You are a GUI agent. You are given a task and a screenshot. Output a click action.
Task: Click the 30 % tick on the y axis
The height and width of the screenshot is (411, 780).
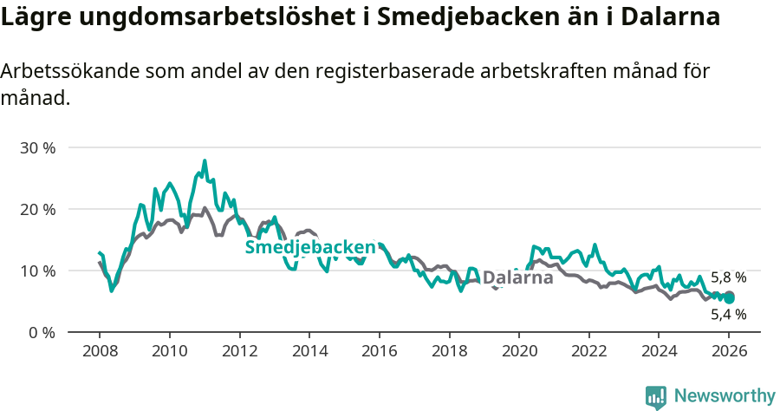click(37, 147)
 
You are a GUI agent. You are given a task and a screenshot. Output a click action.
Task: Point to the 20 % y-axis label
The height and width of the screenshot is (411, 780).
click(37, 209)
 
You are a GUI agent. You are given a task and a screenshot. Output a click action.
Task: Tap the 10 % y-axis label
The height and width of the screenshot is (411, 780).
click(37, 271)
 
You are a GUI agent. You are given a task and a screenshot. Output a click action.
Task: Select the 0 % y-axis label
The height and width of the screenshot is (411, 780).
click(41, 332)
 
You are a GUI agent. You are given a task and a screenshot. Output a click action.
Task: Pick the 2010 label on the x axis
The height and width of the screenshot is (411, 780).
click(169, 352)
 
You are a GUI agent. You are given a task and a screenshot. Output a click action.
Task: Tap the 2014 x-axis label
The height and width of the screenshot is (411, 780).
click(309, 352)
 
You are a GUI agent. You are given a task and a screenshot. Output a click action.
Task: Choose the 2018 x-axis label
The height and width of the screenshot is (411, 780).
click(449, 352)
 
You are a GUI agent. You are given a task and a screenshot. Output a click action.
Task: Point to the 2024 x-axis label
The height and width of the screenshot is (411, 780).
click(659, 352)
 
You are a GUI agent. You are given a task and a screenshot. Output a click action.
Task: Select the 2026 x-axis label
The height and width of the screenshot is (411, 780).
click(729, 352)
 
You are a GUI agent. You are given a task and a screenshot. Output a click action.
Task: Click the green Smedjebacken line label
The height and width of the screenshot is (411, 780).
click(310, 248)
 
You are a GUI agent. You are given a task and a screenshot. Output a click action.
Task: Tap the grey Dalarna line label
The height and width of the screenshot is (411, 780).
click(517, 278)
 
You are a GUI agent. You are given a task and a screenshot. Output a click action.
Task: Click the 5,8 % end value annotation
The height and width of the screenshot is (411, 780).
click(728, 278)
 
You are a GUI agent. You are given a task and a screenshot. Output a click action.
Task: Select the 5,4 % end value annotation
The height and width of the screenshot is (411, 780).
click(728, 315)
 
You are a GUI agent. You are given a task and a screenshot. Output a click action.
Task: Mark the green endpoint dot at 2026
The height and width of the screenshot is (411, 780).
click(729, 297)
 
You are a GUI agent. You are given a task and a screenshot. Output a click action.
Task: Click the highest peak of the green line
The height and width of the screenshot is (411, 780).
click(205, 160)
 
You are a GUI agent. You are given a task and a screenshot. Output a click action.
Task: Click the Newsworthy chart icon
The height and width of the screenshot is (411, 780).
click(656, 396)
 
